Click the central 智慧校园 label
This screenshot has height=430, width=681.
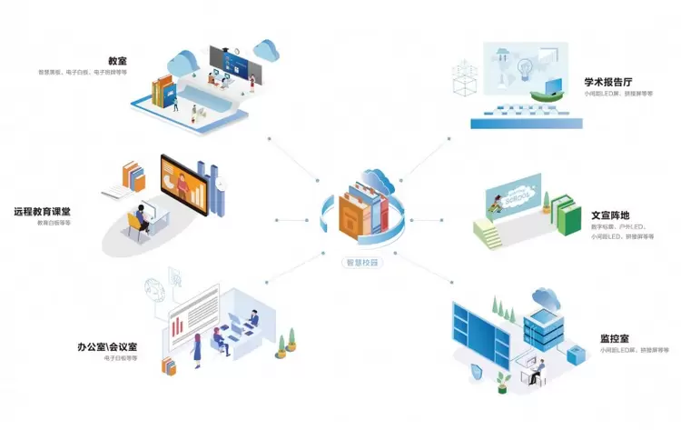pos(361,263)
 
